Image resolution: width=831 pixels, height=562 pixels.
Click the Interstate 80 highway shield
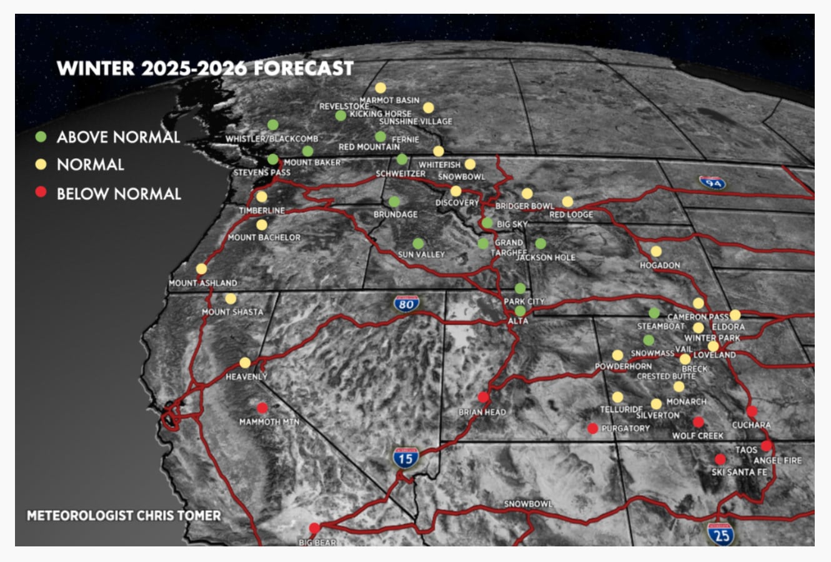(406, 303)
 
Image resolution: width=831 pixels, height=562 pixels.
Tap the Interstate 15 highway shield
(406, 458)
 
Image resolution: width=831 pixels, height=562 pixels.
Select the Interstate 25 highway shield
(722, 534)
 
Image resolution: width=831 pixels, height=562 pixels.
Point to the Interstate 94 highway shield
(712, 182)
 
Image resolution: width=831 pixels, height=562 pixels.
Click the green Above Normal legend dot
(41, 136)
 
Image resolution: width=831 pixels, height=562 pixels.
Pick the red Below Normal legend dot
(41, 193)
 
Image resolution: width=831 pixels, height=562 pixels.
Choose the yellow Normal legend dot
(41, 164)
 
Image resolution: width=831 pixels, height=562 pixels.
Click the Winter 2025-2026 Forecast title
(205, 68)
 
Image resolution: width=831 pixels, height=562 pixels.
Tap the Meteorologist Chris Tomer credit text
(124, 516)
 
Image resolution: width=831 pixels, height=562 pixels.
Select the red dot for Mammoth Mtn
(262, 408)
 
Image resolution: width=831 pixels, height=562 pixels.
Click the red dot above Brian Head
(483, 397)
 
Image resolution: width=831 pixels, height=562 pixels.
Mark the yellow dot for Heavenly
(245, 363)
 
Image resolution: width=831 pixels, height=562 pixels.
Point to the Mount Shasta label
(232, 312)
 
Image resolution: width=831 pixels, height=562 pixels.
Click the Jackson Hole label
(546, 257)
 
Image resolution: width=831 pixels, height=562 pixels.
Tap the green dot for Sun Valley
(418, 244)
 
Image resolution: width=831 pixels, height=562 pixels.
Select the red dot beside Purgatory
(592, 428)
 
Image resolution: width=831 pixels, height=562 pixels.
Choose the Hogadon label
(660, 265)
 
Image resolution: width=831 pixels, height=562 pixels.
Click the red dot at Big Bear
(314, 528)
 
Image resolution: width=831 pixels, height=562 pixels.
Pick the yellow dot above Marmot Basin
(381, 88)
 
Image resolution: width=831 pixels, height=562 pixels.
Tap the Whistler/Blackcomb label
(272, 139)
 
